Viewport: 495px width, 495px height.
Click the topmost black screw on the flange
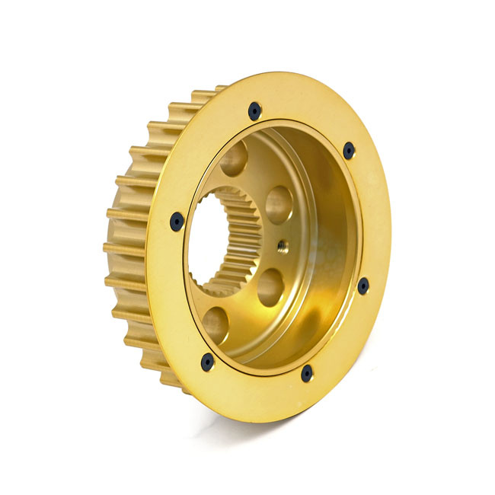coord(254,111)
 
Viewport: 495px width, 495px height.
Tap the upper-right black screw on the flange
coord(349,151)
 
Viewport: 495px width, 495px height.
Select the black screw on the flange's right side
coord(363,286)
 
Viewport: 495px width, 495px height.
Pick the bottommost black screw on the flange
coord(307,373)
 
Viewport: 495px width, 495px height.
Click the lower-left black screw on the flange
coord(207,362)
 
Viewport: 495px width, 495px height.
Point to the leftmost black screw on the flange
coord(177,222)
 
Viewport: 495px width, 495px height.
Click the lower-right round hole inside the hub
coord(271,286)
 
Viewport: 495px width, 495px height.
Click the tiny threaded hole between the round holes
coord(283,244)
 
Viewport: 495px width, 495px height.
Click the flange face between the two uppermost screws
coord(305,114)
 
